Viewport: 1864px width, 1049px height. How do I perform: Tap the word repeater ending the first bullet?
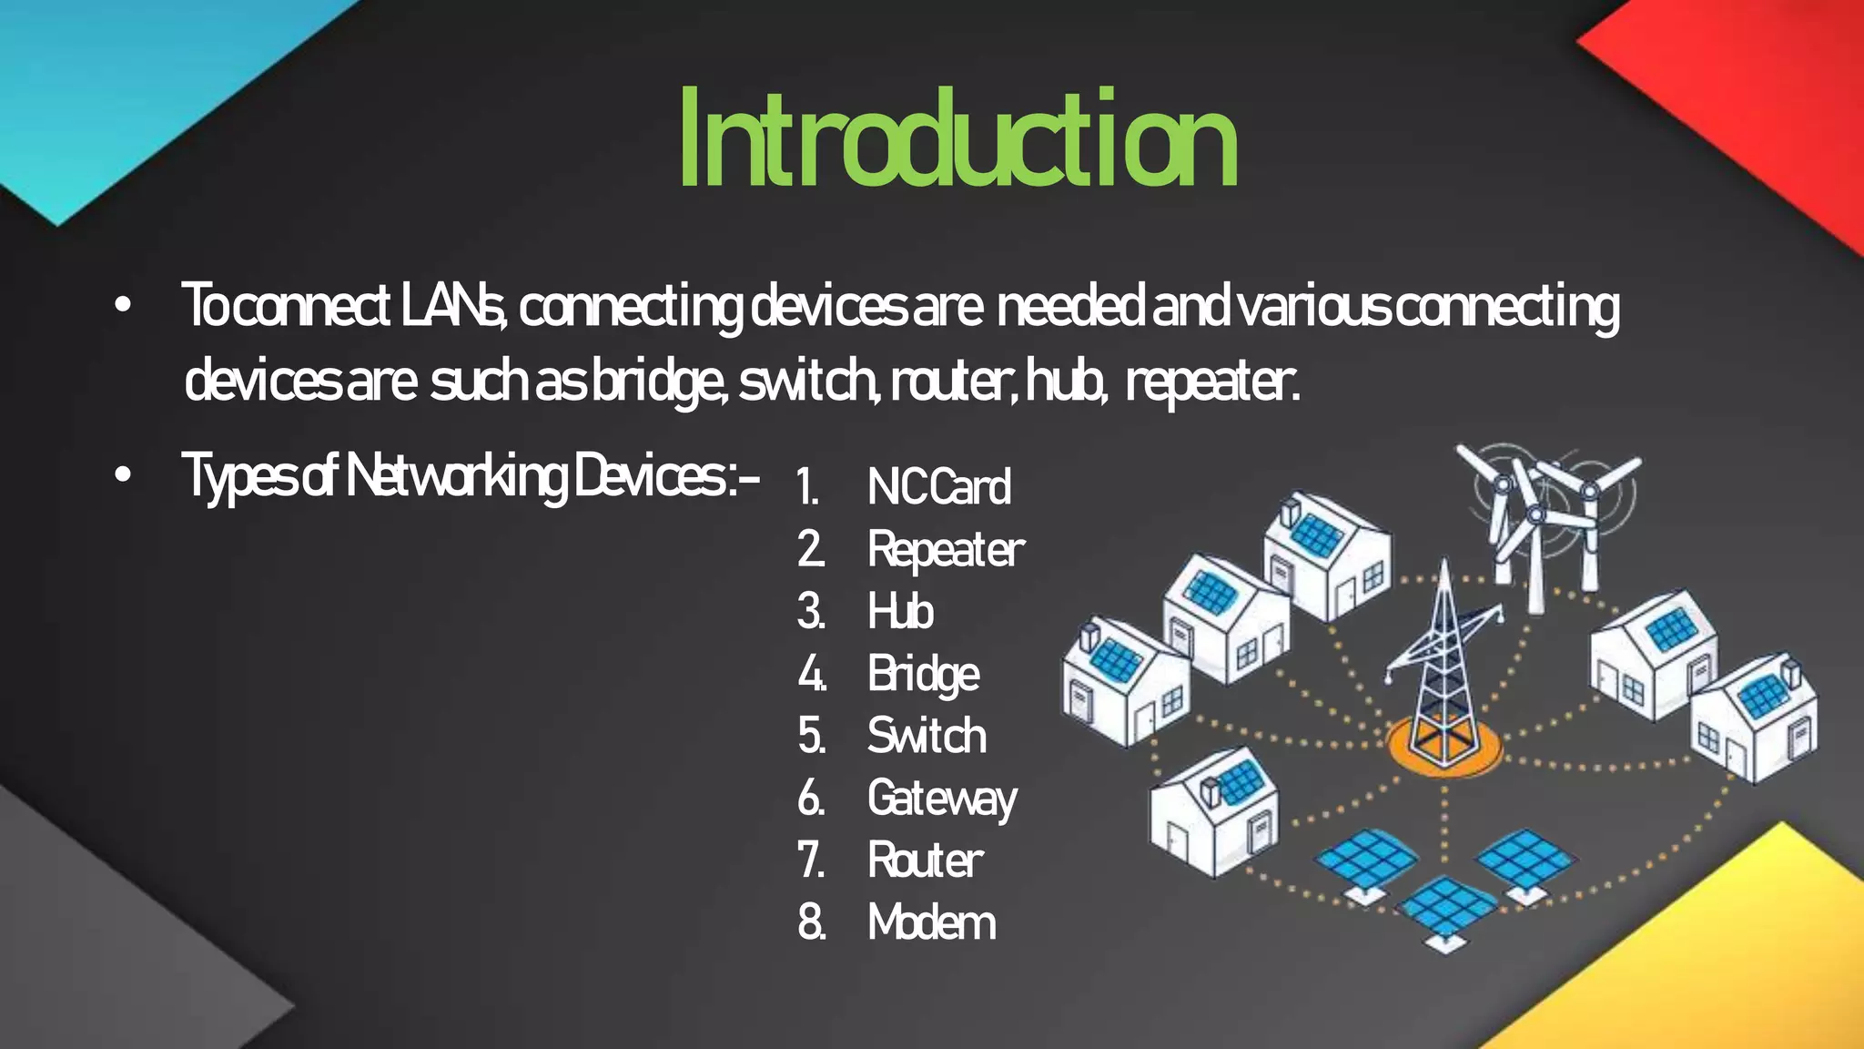(x=1211, y=382)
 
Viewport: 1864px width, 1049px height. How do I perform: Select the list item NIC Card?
(x=938, y=487)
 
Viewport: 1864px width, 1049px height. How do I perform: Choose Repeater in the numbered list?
(x=946, y=550)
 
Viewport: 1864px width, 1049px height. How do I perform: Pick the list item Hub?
(x=900, y=611)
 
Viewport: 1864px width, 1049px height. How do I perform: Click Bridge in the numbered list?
(x=923, y=675)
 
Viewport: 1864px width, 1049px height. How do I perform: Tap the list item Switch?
(x=927, y=736)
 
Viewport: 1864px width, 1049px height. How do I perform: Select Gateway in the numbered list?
(x=942, y=799)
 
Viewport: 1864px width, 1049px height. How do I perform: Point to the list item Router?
(x=925, y=861)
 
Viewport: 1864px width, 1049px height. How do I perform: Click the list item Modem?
(x=931, y=922)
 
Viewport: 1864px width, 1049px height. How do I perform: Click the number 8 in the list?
(x=810, y=922)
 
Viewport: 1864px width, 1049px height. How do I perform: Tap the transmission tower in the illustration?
(x=1444, y=665)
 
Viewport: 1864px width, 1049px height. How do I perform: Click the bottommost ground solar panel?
(x=1445, y=911)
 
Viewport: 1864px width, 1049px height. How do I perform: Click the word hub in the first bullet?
(x=1065, y=382)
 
